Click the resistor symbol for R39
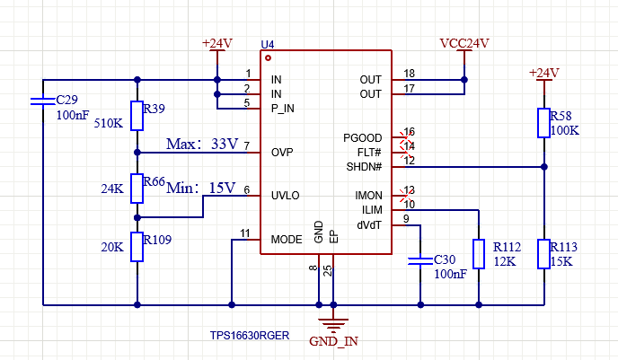click(137, 116)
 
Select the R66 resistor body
click(137, 189)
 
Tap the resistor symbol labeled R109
click(137, 247)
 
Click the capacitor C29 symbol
click(43, 101)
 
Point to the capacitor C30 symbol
click(420, 260)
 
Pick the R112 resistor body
click(479, 254)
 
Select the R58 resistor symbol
click(544, 123)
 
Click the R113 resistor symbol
click(544, 254)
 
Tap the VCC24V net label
click(464, 43)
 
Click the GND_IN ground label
click(333, 341)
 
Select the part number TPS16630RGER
click(250, 336)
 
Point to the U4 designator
click(268, 45)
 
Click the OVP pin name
click(282, 153)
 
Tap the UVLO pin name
click(286, 196)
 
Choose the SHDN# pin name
click(364, 167)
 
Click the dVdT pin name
click(369, 225)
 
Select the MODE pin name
click(287, 240)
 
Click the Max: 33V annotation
click(202, 145)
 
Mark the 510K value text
click(109, 123)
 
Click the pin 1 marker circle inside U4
click(268, 57)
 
